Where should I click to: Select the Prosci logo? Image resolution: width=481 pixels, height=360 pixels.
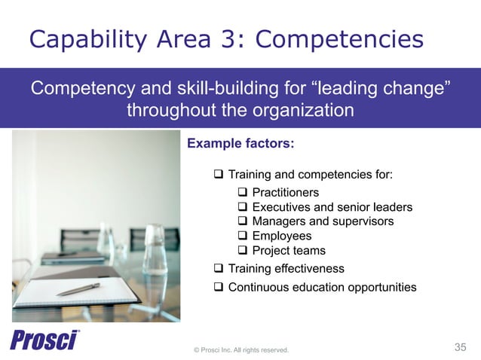[x=44, y=341]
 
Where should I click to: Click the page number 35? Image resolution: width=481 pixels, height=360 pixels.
[x=460, y=346]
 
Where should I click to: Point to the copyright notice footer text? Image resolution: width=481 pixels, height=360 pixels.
[x=241, y=349]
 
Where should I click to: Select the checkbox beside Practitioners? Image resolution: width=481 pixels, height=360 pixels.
[x=243, y=193]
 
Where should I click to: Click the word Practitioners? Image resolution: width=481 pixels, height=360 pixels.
[x=285, y=193]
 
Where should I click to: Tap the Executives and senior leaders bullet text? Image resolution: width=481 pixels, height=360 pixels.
[x=332, y=207]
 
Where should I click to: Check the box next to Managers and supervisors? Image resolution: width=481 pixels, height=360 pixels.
[x=243, y=221]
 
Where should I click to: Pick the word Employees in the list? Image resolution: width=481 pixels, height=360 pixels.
[x=281, y=236]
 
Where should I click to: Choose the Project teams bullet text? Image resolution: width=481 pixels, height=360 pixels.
[x=289, y=250]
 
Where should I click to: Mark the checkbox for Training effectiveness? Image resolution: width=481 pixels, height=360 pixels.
[x=219, y=268]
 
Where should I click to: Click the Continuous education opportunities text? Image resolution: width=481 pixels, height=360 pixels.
[x=322, y=287]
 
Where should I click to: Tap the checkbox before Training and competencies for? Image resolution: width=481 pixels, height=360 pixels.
[x=219, y=175]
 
